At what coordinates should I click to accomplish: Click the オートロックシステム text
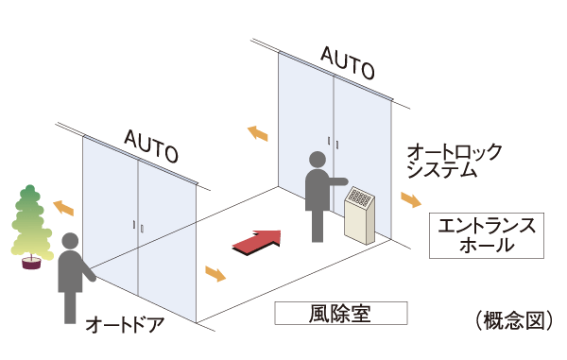point(453,161)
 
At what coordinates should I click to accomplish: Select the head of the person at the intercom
point(318,161)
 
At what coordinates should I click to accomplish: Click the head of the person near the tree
point(69,240)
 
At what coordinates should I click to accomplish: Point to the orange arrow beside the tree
point(63,206)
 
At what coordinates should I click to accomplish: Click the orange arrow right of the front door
point(215,275)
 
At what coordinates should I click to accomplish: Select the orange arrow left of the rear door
point(257,134)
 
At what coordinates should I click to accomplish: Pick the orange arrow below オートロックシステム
point(412,200)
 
